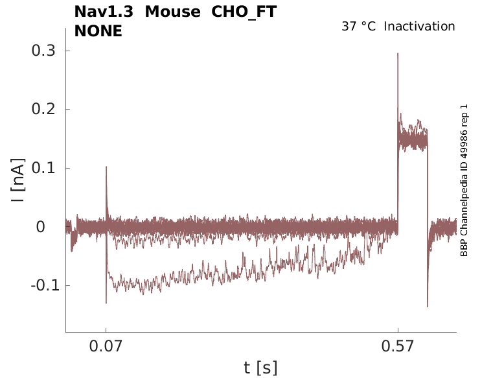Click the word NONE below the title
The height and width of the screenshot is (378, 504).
pyautogui.click(x=98, y=30)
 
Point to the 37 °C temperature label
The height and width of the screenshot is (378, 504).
pyautogui.click(x=358, y=27)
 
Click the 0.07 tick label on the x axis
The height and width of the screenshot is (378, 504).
pyautogui.click(x=106, y=346)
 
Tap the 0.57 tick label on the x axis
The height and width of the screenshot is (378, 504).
pyautogui.click(x=398, y=346)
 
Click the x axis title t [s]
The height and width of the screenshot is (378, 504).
pyautogui.click(x=260, y=368)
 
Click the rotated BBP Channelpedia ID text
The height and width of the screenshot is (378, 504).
pyautogui.click(x=464, y=180)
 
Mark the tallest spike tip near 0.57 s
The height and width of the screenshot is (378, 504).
pyautogui.click(x=398, y=54)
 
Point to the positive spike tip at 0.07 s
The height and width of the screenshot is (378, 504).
pyautogui.click(x=106, y=167)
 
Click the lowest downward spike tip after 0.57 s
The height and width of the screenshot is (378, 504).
pyautogui.click(x=428, y=306)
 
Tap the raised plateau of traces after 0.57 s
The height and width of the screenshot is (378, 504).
pyautogui.click(x=413, y=139)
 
